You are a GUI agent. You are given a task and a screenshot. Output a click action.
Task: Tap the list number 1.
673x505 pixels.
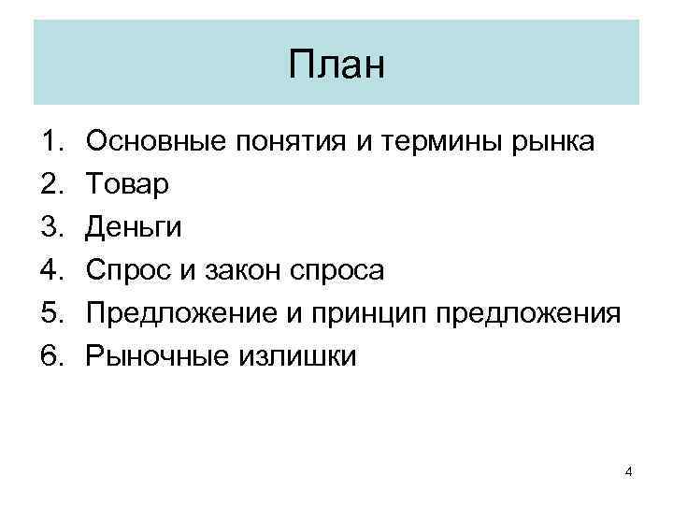(50, 143)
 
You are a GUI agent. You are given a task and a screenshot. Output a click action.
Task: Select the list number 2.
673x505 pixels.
(50, 185)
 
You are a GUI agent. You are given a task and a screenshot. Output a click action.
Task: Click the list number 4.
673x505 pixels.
(50, 270)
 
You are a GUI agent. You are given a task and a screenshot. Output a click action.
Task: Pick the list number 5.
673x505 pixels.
(50, 313)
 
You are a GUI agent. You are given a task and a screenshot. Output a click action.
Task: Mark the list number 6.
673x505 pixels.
(50, 355)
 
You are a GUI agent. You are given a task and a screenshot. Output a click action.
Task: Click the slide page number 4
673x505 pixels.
(628, 471)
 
